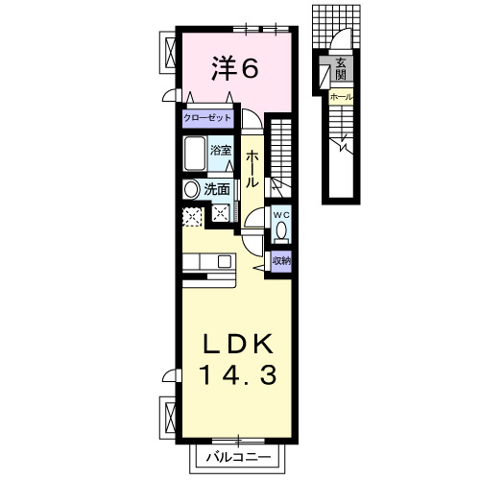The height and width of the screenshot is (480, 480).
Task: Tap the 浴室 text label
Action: pyautogui.click(x=221, y=151)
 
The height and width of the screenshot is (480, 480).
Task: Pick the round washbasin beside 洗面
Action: pyautogui.click(x=191, y=189)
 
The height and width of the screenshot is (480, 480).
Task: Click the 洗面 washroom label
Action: pyautogui.click(x=217, y=189)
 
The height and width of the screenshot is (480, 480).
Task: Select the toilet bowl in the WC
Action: pyautogui.click(x=281, y=230)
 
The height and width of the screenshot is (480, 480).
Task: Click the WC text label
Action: pyautogui.click(x=281, y=214)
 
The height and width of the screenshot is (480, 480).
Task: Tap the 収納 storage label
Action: pyautogui.click(x=281, y=260)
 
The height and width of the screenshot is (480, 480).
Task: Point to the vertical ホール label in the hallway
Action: pyautogui.click(x=252, y=169)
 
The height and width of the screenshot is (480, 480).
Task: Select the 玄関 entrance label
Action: pyautogui.click(x=341, y=69)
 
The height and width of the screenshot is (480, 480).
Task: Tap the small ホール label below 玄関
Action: pyautogui.click(x=341, y=97)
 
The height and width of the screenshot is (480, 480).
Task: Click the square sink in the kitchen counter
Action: pyautogui.click(x=223, y=261)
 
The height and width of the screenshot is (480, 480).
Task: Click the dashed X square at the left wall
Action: pyautogui.click(x=190, y=216)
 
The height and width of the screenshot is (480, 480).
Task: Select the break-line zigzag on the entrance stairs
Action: pyautogui.click(x=342, y=146)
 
